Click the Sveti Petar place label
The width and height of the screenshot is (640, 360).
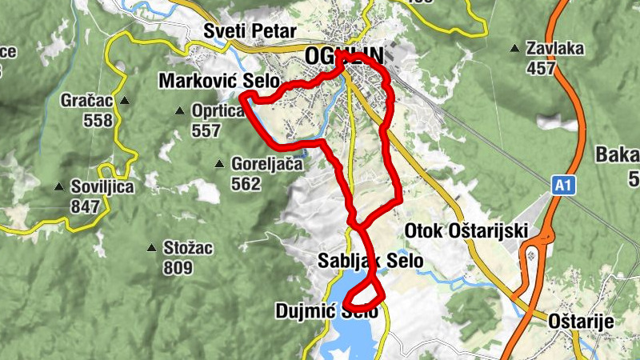point(250,32)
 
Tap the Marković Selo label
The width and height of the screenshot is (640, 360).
point(218,81)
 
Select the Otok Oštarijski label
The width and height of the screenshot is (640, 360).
point(467,230)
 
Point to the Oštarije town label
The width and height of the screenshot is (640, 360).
point(581,322)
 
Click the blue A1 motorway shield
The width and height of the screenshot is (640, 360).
point(563,186)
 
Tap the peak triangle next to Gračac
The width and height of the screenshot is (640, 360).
point(126,102)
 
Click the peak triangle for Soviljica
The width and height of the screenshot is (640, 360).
point(59,187)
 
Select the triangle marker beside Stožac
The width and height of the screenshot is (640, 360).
point(152,248)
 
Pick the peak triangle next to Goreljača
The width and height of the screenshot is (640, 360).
point(219,165)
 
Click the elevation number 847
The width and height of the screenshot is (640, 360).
point(85,206)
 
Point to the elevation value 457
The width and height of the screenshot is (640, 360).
point(541,68)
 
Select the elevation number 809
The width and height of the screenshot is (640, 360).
point(178,268)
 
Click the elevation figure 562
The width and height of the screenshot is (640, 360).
point(245,184)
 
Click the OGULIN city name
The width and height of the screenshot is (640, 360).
point(344,55)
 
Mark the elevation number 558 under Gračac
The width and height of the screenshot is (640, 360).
point(98,121)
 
